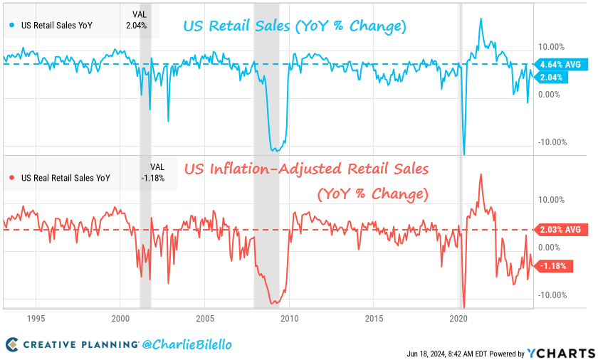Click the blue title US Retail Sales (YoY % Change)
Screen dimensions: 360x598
pyautogui.click(x=295, y=27)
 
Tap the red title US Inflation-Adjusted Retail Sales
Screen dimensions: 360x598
pyautogui.click(x=307, y=169)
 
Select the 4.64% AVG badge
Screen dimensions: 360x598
pyautogui.click(x=557, y=64)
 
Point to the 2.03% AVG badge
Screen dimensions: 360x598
pyautogui.click(x=557, y=230)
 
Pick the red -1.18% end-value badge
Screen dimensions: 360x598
pyautogui.click(x=553, y=266)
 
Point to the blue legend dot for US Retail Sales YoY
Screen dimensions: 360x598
pyautogui.click(x=11, y=26)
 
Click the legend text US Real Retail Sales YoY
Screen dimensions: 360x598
pyautogui.click(x=65, y=178)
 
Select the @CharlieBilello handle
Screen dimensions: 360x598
pyautogui.click(x=187, y=345)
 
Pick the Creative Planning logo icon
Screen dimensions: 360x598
pyautogui.click(x=12, y=345)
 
